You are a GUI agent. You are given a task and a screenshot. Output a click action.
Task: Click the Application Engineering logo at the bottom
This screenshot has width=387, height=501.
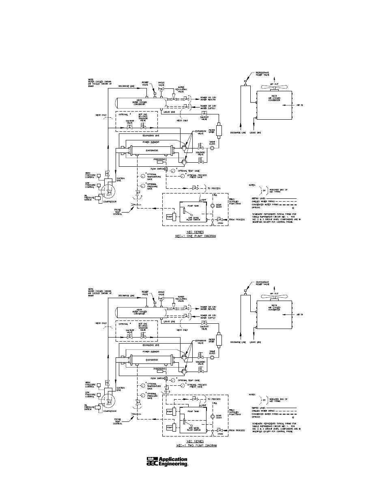click(167, 462)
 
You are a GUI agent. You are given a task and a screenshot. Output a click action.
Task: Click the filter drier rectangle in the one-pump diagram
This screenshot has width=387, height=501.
click(219, 131)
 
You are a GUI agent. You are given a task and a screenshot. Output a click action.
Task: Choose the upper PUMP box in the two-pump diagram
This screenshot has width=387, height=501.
click(170, 412)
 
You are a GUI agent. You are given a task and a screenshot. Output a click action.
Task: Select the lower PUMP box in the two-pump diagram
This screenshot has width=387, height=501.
click(170, 427)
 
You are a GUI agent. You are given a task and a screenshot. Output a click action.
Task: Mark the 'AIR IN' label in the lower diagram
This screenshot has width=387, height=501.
click(299, 315)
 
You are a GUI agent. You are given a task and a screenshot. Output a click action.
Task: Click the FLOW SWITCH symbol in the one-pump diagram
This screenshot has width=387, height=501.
click(166, 169)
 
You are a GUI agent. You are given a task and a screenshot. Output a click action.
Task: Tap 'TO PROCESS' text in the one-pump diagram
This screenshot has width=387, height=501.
click(214, 188)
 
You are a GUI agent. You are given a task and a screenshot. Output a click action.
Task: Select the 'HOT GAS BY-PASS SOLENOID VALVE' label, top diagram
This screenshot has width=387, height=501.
click(142, 118)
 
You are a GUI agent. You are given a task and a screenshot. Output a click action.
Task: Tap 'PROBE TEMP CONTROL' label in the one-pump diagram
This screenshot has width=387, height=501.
click(117, 211)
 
